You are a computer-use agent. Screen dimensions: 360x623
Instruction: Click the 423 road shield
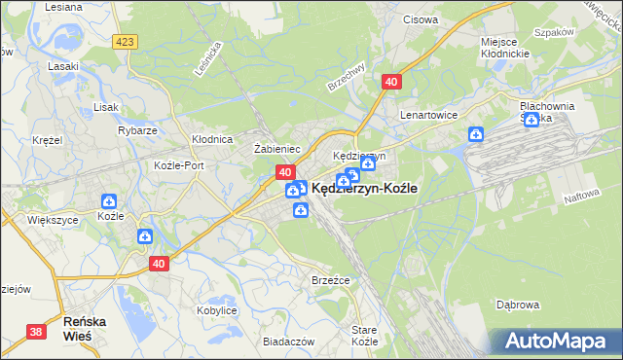click(x=124, y=42)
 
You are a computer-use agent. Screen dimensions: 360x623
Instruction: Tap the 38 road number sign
click(x=36, y=332)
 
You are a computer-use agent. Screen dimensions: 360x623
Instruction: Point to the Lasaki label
click(x=62, y=67)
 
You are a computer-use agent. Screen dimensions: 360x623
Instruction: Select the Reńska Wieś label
click(x=85, y=327)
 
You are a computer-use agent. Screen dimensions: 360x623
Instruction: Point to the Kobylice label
click(x=218, y=309)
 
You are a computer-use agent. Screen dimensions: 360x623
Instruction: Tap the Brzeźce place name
click(x=330, y=279)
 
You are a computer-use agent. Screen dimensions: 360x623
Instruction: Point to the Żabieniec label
click(x=275, y=149)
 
